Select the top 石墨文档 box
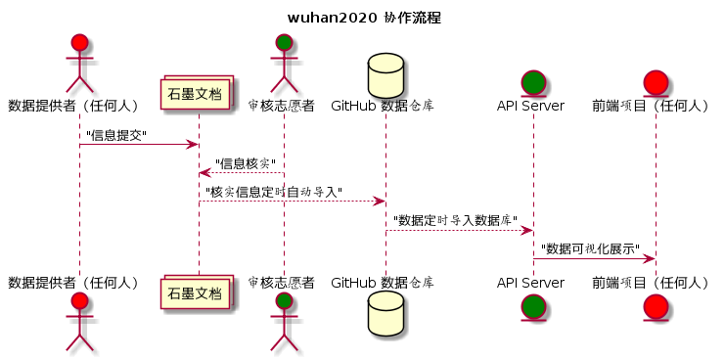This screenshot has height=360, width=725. (198, 96)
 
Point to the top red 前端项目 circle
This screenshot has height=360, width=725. (655, 81)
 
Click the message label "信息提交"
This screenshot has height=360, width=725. (116, 135)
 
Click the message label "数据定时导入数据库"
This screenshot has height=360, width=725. (455, 220)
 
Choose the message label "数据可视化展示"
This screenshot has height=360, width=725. (590, 248)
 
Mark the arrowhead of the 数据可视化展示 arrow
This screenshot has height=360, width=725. (649, 258)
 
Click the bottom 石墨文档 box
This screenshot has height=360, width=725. (198, 292)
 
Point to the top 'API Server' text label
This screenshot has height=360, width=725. (531, 106)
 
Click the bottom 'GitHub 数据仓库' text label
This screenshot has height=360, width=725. (383, 283)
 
